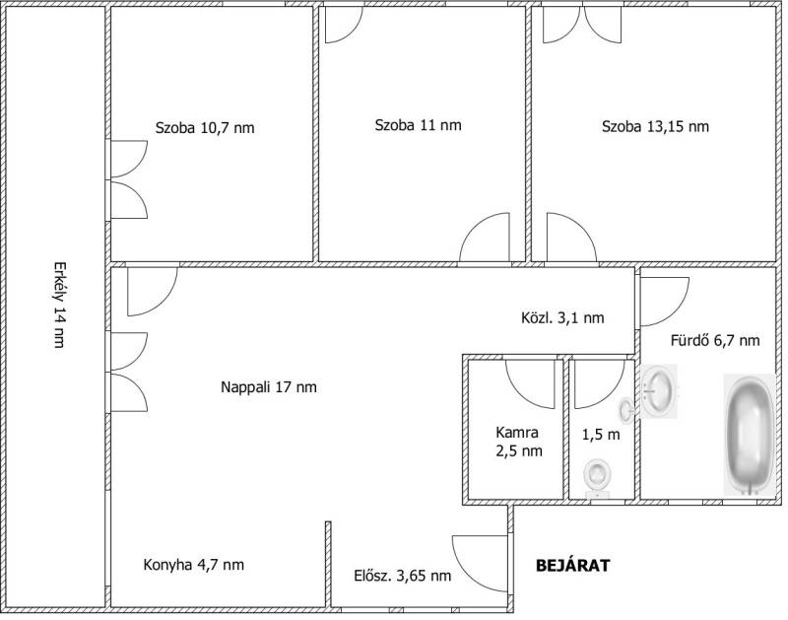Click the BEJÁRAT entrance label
point(573,566)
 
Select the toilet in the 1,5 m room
point(598,479)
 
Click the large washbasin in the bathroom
point(659,391)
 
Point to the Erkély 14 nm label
point(59,305)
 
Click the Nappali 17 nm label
point(269,387)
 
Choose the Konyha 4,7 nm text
point(193,565)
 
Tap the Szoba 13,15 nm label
point(655,126)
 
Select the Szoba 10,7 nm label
point(205,128)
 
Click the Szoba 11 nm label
point(418,125)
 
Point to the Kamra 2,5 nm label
point(519,442)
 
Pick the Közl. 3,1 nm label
point(562,317)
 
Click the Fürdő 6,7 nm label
point(715,341)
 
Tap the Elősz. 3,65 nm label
point(403,576)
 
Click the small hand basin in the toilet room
point(626,408)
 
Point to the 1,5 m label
point(601,435)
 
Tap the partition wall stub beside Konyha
point(328,564)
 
